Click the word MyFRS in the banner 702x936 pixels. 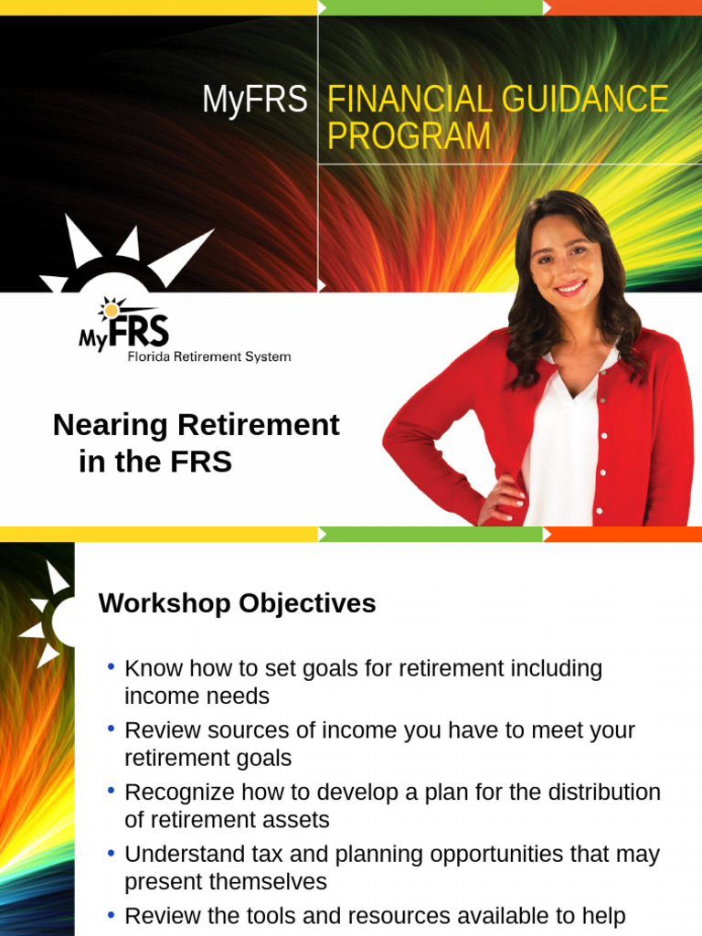pyautogui.click(x=255, y=101)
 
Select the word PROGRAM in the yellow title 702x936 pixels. pyautogui.click(x=409, y=137)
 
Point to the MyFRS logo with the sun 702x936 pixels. pyautogui.click(x=124, y=324)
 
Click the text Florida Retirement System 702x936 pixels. pyautogui.click(x=208, y=356)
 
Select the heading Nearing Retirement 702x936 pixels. pyautogui.click(x=196, y=425)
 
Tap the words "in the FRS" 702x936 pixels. pyautogui.click(x=155, y=463)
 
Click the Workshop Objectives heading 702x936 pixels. pyautogui.click(x=237, y=603)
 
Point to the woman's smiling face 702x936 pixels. pyautogui.click(x=566, y=261)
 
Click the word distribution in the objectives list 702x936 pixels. pyautogui.click(x=603, y=792)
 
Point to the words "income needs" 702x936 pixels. pyautogui.click(x=197, y=697)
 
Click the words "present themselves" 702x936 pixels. pyautogui.click(x=225, y=882)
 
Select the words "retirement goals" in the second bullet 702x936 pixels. pyautogui.click(x=207, y=758)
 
